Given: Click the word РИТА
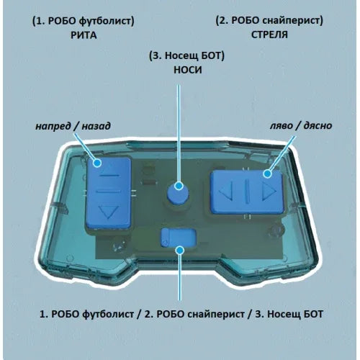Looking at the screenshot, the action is pyautogui.click(x=84, y=35).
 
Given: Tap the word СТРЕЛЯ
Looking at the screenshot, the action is pyautogui.click(x=269, y=35).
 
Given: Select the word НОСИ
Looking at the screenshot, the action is pyautogui.click(x=188, y=70).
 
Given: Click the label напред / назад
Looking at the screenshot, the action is pyautogui.click(x=73, y=126).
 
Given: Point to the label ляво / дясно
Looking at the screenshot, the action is pyautogui.click(x=301, y=125).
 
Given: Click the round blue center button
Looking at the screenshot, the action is pyautogui.click(x=178, y=193).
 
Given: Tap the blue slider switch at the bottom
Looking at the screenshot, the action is pyautogui.click(x=179, y=238).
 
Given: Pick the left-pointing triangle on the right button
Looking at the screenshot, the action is pyautogui.click(x=227, y=192).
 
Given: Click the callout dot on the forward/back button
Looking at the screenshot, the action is pyautogui.click(x=97, y=163).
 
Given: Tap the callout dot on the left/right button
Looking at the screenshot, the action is pyautogui.click(x=267, y=174).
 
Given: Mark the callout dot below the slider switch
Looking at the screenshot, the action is pyautogui.click(x=180, y=251).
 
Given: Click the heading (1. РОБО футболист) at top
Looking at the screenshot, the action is pyautogui.click(x=84, y=21).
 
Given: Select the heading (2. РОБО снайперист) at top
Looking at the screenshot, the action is pyautogui.click(x=269, y=21).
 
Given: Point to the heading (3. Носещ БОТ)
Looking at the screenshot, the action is pyautogui.click(x=186, y=56).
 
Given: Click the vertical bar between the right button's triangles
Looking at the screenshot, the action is pyautogui.click(x=247, y=191).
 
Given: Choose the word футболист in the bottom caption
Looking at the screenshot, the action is pyautogui.click(x=108, y=314).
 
